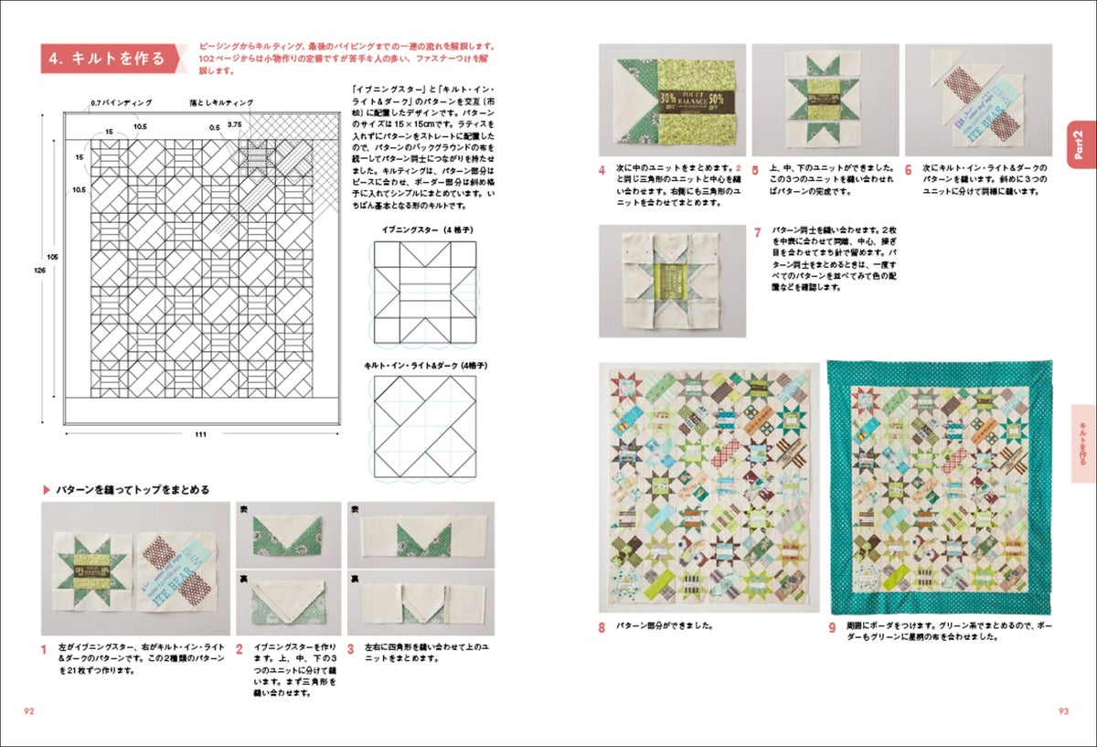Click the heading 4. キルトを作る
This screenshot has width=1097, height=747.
[108, 59]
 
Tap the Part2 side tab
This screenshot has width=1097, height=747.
[1081, 144]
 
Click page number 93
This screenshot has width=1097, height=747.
[1063, 710]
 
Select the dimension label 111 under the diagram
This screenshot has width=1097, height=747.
[198, 433]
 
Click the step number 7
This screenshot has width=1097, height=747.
[757, 232]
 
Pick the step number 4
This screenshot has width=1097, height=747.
[602, 170]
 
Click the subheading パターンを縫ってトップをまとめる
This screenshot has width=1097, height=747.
[132, 489]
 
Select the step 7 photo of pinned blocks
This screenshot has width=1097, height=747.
[672, 281]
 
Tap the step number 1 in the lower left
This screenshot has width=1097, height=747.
[43, 650]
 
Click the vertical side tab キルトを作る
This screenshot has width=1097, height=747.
[1083, 431]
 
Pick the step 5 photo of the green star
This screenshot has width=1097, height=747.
[825, 100]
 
